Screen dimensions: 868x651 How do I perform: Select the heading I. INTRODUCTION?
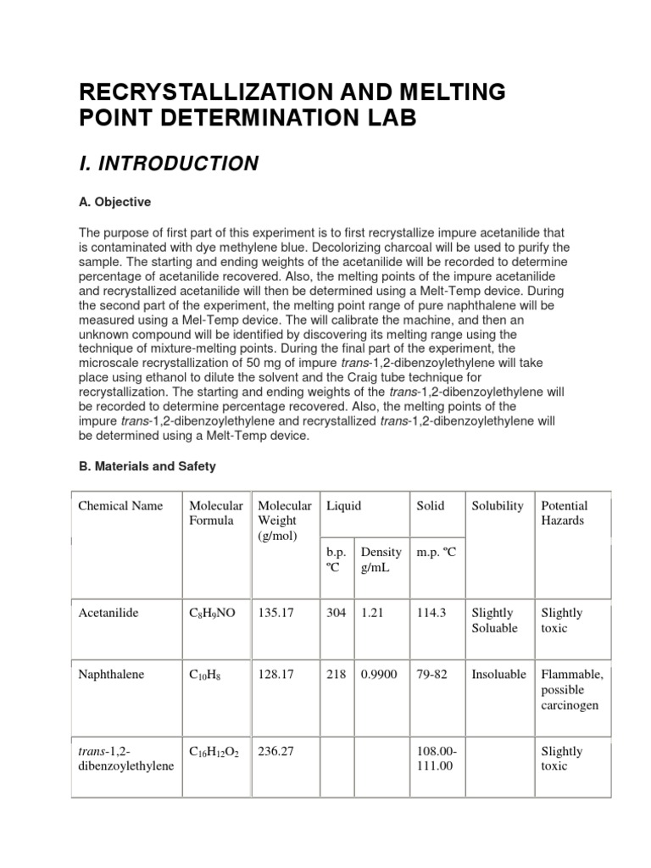[x=168, y=164]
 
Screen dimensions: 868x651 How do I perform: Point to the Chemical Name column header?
[x=120, y=506]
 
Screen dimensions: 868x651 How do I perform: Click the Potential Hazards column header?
[x=564, y=513]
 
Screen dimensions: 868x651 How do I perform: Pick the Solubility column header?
[x=498, y=506]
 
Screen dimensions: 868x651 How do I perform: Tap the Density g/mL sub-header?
[x=381, y=559]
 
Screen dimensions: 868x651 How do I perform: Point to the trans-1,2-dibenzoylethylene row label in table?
[x=126, y=759]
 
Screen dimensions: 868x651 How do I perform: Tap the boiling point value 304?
[x=337, y=613]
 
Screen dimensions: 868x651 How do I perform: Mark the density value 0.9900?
[x=379, y=675]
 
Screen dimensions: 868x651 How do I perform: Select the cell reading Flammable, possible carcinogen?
[x=572, y=690]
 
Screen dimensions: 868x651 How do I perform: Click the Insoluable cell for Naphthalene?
[x=498, y=675]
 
